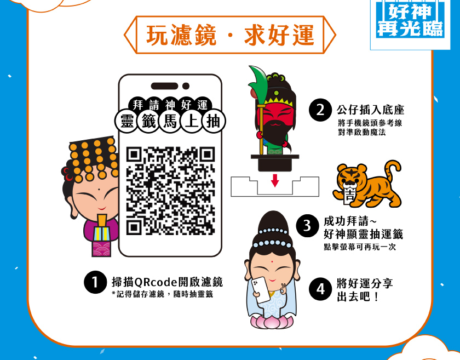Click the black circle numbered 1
[95, 282]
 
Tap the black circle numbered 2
[320, 110]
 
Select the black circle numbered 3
[307, 226]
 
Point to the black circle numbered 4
[320, 289]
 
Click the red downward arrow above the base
[275, 180]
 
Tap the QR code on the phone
[171, 191]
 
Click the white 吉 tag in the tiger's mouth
[350, 195]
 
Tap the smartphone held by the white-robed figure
[261, 290]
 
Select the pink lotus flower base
[272, 321]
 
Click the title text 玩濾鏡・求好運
[231, 35]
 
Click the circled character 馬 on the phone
[170, 121]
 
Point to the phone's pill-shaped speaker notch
[165, 86]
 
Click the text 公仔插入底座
[371, 110]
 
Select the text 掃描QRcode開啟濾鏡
[167, 282]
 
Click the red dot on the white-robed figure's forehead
[272, 261]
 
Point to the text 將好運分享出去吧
[365, 290]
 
